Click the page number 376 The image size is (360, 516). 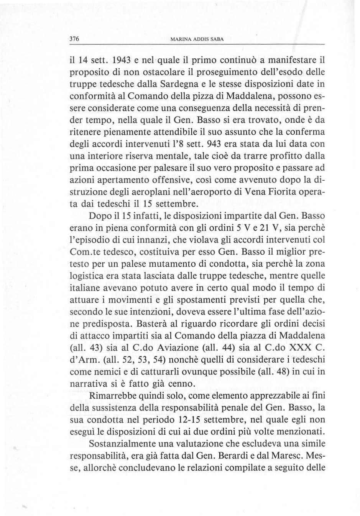tap(74, 39)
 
